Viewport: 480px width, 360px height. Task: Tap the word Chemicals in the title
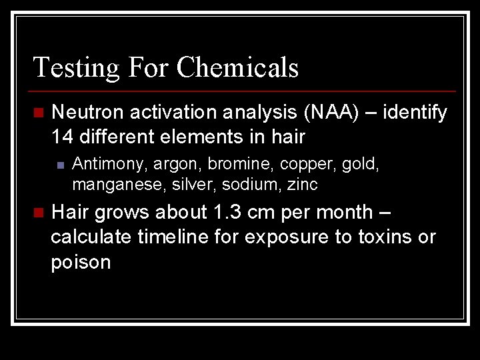[237, 68]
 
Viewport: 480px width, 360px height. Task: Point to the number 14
[63, 137]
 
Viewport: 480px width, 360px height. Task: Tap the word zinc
[303, 183]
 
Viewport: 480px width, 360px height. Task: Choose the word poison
[81, 263]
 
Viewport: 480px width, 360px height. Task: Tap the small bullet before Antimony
[60, 165]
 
